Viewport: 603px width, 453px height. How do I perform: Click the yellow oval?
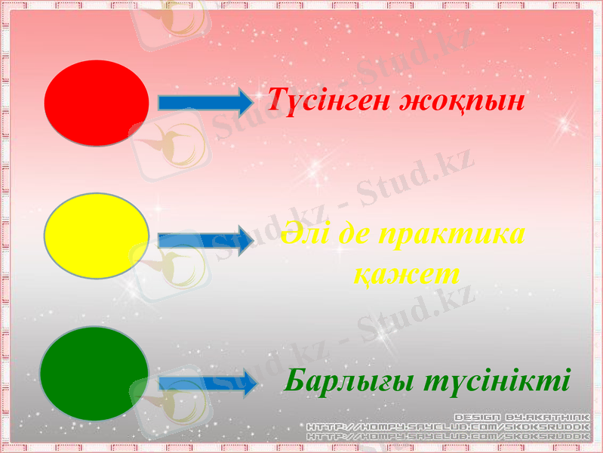(97, 236)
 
